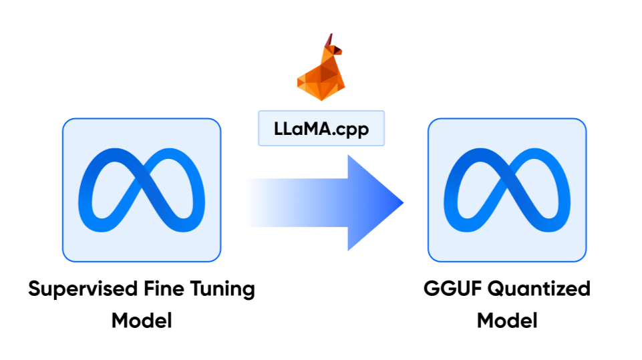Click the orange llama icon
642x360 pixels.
point(319,70)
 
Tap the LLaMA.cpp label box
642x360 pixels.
point(321,129)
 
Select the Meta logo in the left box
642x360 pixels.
point(141,190)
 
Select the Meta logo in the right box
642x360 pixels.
point(506,190)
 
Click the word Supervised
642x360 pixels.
point(74,290)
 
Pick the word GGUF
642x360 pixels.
point(450,289)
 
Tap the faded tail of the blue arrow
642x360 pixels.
point(261,202)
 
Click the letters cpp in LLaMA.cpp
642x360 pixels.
point(353,130)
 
